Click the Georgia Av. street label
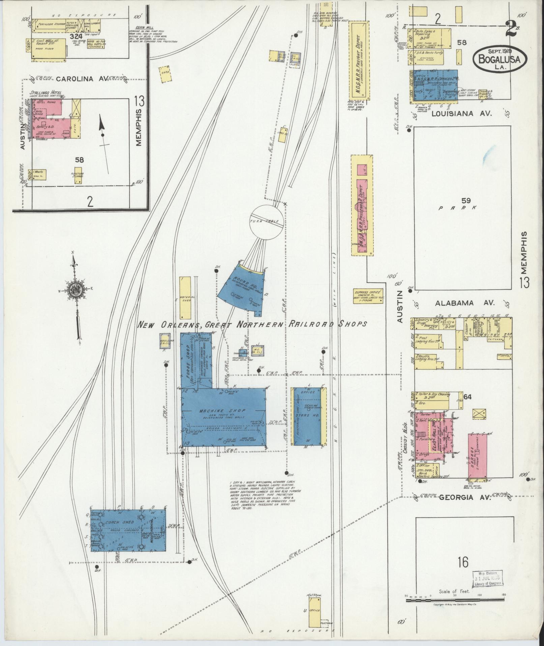click(x=462, y=497)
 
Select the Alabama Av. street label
click(x=464, y=303)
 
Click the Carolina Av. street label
click(x=81, y=79)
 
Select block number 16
click(x=463, y=562)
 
